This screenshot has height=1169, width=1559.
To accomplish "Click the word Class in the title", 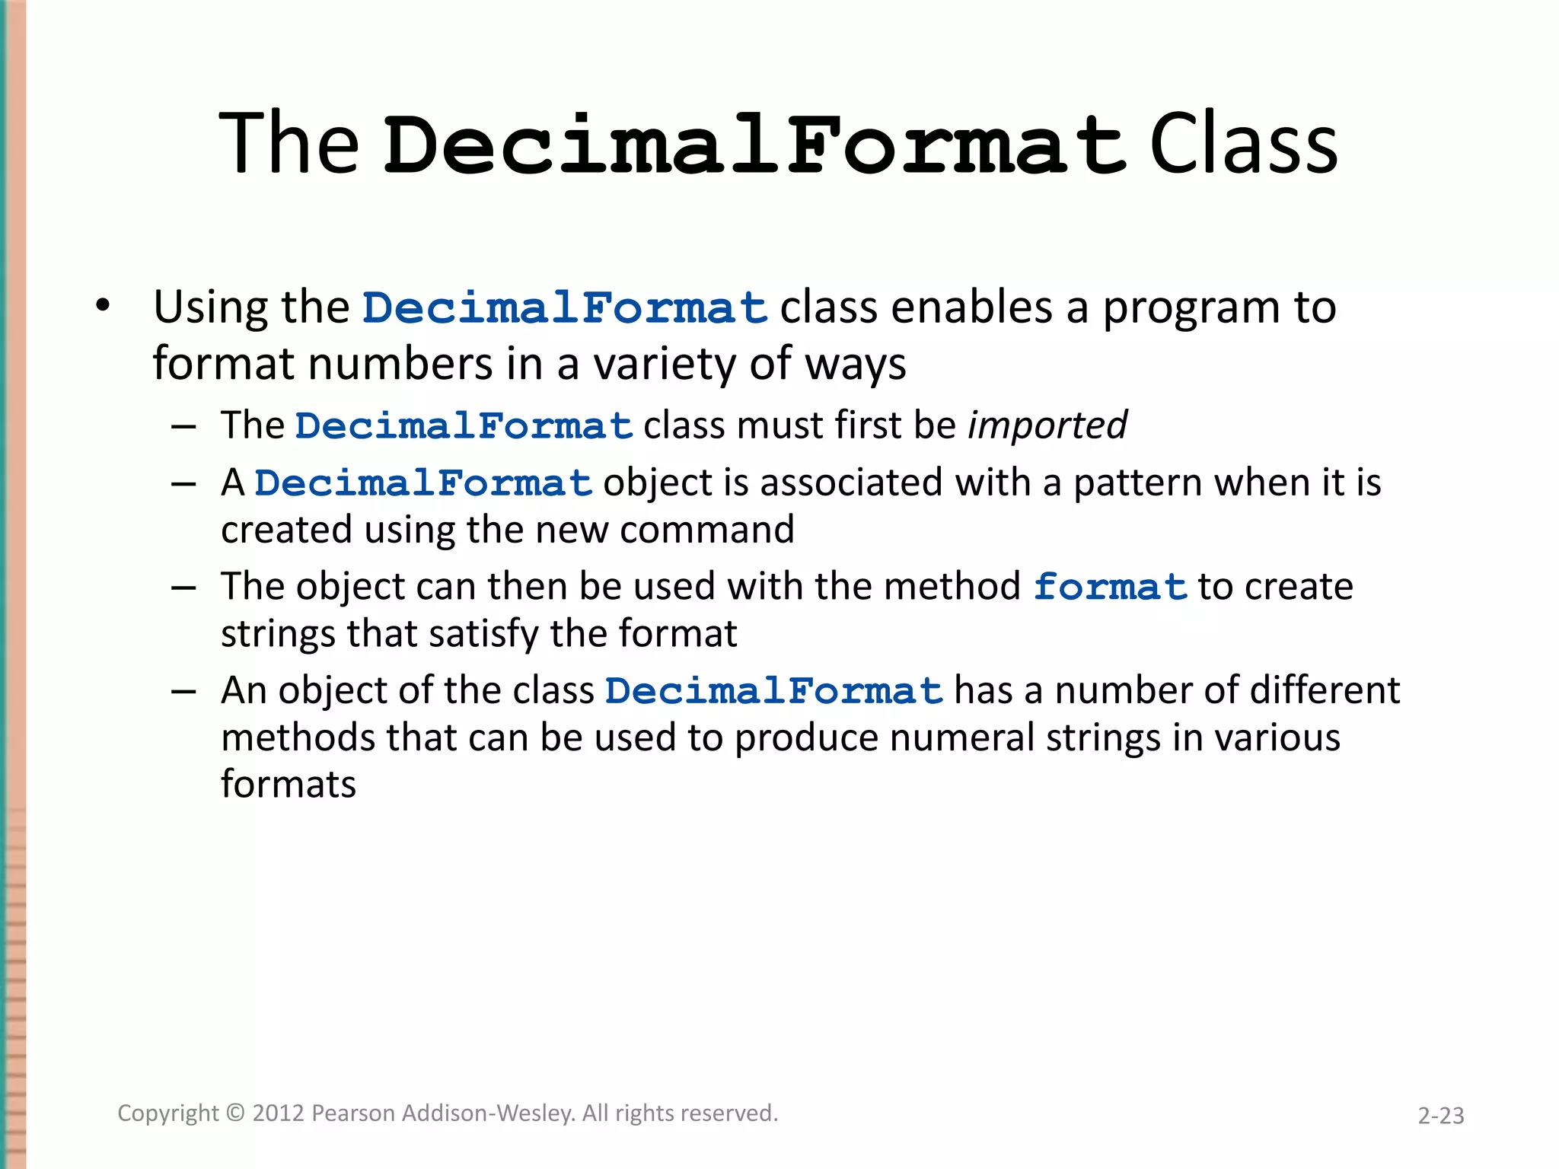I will pos(1243,144).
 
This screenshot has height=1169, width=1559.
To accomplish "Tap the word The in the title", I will pos(289,144).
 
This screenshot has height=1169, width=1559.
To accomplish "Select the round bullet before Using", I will pos(103,306).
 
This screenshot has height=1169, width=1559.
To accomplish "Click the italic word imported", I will pos(1047,425).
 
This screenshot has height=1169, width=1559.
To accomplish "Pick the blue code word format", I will pos(1110,587).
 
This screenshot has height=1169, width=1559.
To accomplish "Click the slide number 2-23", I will pos(1440,1116).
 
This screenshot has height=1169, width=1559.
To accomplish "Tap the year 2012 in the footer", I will pos(279,1113).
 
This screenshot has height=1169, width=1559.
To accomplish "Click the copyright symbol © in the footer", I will pos(236,1113).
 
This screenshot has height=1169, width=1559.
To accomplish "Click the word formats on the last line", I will pos(289,785).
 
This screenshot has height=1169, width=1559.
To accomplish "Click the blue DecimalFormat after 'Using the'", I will pos(565,308).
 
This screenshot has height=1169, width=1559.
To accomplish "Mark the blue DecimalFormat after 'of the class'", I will pos(774,691).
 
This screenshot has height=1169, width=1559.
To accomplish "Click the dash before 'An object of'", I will pos(184,691).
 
